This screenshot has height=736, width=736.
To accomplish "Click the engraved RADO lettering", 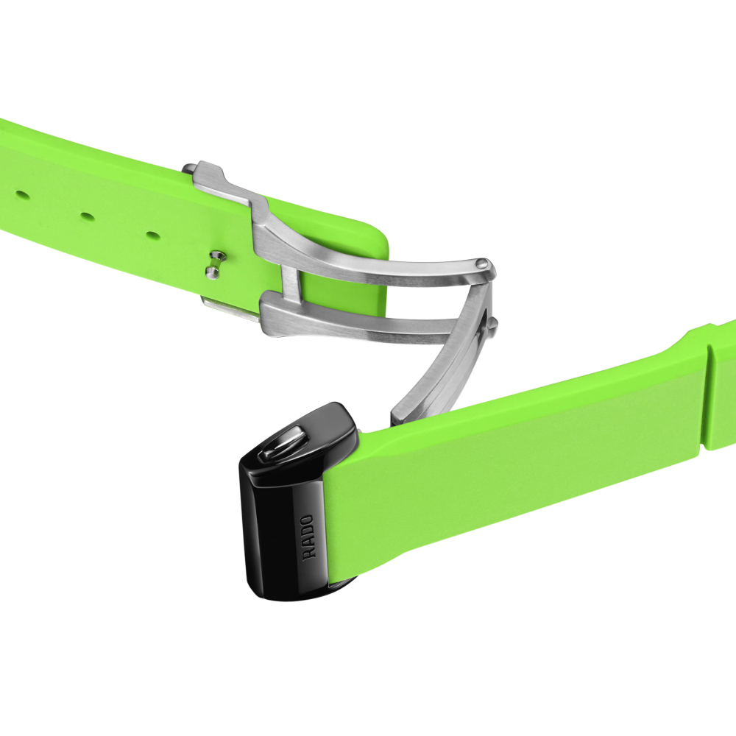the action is click(x=309, y=537).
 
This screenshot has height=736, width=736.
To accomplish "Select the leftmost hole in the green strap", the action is click(x=19, y=193).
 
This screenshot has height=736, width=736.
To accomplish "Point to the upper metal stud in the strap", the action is click(x=216, y=255).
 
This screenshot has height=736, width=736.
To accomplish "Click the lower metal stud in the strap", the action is click(x=212, y=272).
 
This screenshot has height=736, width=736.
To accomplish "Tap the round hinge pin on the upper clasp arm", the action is click(x=483, y=263).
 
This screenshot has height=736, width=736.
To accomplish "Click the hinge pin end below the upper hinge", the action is click(x=493, y=324).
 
